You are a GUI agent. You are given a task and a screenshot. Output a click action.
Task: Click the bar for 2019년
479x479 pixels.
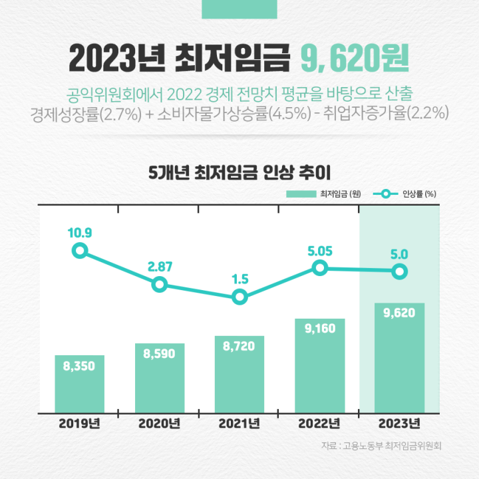(x=80, y=385)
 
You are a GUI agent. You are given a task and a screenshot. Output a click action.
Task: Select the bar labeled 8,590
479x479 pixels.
(x=160, y=379)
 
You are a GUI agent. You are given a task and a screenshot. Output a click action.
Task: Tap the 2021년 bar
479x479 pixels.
(x=239, y=375)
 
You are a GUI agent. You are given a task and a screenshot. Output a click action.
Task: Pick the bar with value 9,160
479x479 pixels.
(x=319, y=366)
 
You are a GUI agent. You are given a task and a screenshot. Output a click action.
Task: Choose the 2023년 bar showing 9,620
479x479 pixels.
(x=399, y=358)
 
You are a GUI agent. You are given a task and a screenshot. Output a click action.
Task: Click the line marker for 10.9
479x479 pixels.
(x=80, y=251)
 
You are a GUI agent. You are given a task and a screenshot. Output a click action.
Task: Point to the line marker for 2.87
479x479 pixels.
(x=160, y=284)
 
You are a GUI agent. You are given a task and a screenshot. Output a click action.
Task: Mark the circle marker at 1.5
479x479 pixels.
(x=240, y=297)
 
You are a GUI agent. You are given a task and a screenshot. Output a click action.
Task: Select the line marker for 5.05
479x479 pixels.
(x=320, y=268)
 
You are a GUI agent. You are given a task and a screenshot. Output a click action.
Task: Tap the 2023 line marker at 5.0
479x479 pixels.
(x=399, y=271)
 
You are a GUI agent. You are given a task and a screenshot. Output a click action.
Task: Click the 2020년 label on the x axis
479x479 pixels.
(x=159, y=424)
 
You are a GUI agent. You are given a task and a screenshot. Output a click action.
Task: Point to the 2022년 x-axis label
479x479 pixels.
(x=319, y=424)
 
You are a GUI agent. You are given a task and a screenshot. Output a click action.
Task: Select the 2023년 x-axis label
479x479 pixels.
(x=399, y=424)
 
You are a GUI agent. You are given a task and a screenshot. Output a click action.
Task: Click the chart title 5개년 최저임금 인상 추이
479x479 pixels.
(x=239, y=174)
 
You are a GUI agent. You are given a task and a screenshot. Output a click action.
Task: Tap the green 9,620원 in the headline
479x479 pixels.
(x=355, y=59)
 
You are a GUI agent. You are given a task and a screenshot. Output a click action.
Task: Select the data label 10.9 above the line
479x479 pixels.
(x=79, y=233)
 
